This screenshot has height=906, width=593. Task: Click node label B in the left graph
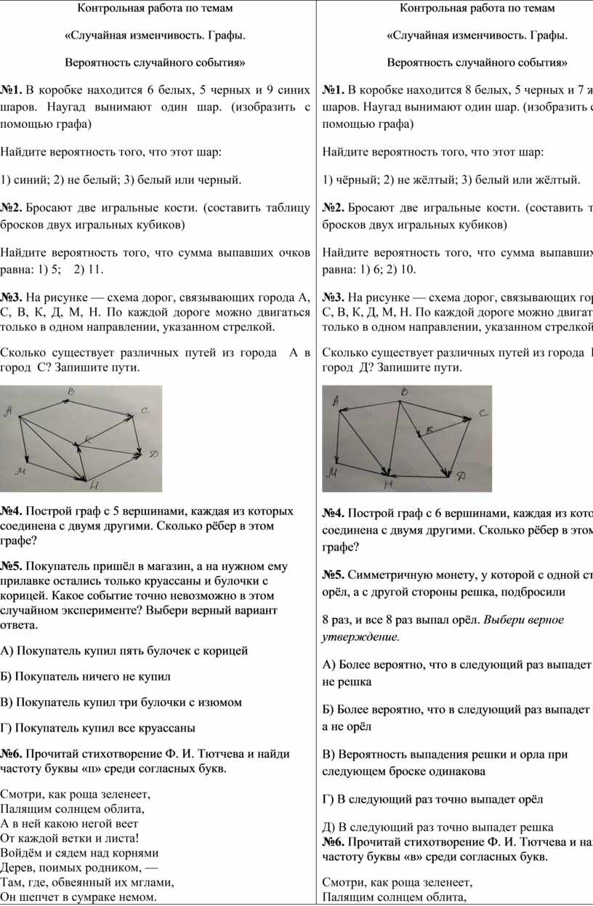(x=70, y=392)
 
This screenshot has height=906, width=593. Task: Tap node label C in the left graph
(x=144, y=412)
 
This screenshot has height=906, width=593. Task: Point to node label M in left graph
(x=22, y=472)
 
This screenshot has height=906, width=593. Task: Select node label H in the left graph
(x=93, y=486)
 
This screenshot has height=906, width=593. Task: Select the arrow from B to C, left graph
(x=102, y=407)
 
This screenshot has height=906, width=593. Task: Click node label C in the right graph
(x=482, y=413)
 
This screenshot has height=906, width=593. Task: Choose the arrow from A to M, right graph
(x=339, y=436)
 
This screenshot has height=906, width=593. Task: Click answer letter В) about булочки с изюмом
(x=8, y=702)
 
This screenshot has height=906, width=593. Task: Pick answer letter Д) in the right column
(x=328, y=827)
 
